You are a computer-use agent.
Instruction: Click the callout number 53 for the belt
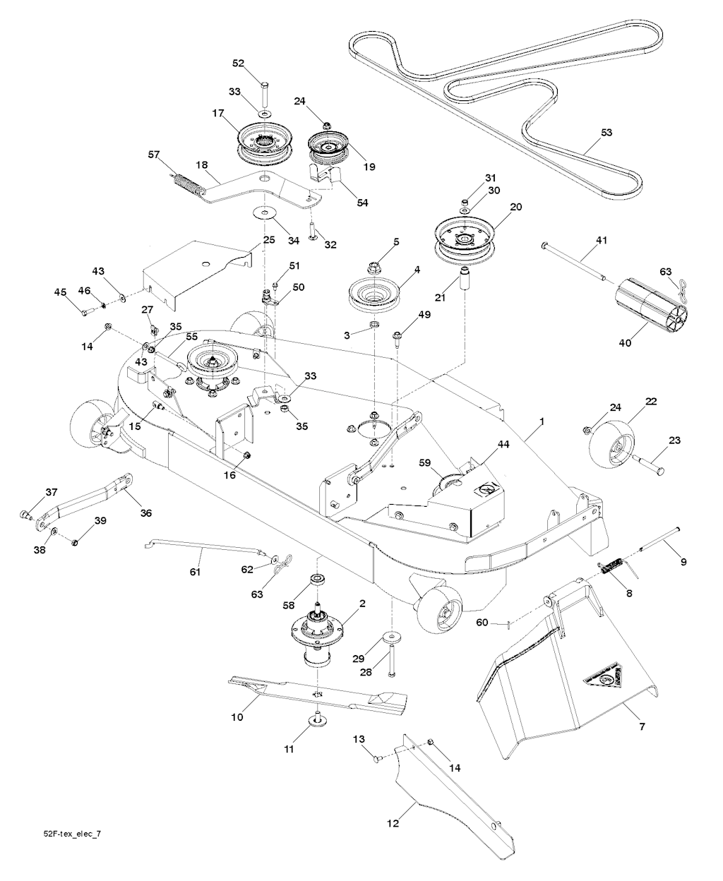(607, 131)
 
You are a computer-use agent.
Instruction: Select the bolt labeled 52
(264, 92)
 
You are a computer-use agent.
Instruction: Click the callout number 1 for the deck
(542, 421)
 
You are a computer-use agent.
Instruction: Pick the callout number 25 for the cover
(269, 239)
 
